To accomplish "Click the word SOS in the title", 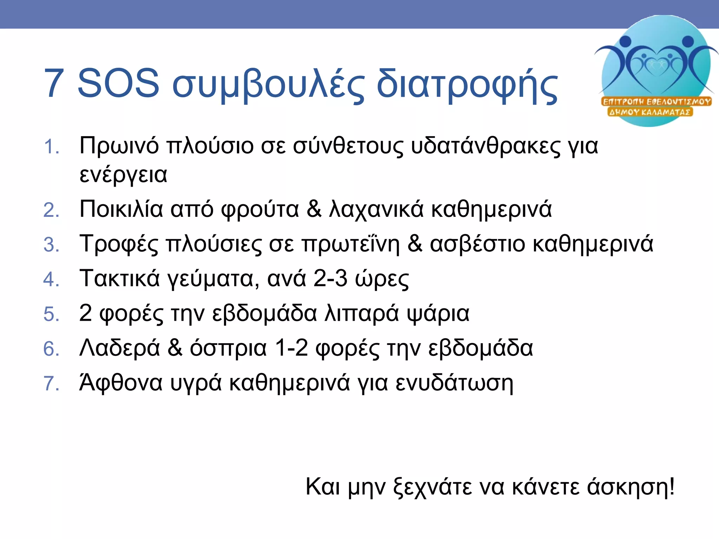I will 118,84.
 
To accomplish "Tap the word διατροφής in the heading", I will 467,86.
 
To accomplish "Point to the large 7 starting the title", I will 54,84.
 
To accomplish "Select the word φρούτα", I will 260,210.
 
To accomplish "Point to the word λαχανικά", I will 376,210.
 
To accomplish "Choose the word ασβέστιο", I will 477,244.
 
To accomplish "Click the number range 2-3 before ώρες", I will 330,279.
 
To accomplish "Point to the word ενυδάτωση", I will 454,383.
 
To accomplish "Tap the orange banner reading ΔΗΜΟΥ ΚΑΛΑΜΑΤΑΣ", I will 650,112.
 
